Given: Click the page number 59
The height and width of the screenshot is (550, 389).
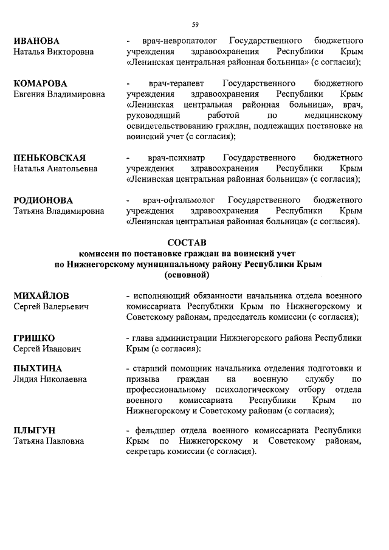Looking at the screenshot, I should pyautogui.click(x=195, y=24).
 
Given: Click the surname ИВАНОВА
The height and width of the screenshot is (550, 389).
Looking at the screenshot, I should pyautogui.click(x=36, y=41).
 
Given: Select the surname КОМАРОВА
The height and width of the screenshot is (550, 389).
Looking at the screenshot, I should pyautogui.click(x=40, y=83).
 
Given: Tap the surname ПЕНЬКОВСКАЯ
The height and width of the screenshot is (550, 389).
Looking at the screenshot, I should pyautogui.click(x=50, y=157).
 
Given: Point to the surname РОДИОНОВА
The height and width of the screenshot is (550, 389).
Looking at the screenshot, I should pyautogui.click(x=43, y=200).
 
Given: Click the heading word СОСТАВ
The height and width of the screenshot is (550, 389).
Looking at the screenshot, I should pyautogui.click(x=195, y=242).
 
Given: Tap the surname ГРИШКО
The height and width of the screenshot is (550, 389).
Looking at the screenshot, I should pyautogui.click(x=34, y=337).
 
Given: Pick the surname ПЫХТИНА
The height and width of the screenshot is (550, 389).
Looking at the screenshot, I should pyautogui.click(x=38, y=368).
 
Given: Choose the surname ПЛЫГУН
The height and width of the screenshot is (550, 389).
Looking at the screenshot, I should pyautogui.click(x=35, y=430).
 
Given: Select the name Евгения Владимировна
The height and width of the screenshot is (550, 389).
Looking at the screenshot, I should pyautogui.click(x=59, y=94).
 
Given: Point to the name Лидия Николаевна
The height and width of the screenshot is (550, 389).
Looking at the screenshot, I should pyautogui.click(x=51, y=379).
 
